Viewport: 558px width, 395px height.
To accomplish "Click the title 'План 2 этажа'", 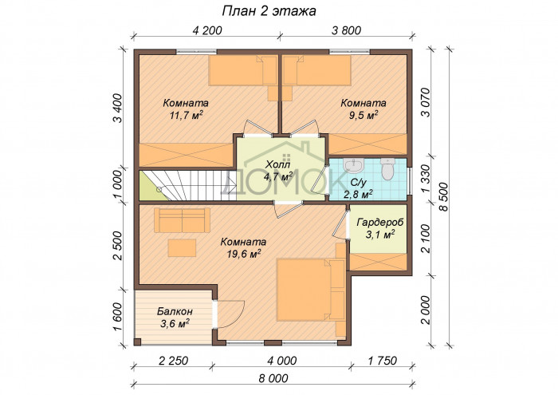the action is click(269, 11).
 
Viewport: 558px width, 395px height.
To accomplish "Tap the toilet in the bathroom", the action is click(387, 169).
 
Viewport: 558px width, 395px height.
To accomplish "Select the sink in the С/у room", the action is click(354, 165).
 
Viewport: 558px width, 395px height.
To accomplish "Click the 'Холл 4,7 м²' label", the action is click(279, 170).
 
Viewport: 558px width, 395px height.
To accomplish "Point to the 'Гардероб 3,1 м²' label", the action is click(380, 228).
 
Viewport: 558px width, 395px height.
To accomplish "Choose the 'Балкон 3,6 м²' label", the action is click(175, 317).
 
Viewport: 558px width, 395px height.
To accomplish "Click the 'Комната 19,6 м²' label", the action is click(243, 247).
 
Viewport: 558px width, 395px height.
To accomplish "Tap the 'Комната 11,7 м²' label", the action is click(186, 109).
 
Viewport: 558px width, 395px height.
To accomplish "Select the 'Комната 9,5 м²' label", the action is click(363, 109).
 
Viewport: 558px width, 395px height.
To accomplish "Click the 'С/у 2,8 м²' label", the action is click(358, 188).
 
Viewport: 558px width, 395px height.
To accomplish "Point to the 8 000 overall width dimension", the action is click(273, 377).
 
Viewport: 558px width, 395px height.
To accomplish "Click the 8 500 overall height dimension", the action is click(444, 197).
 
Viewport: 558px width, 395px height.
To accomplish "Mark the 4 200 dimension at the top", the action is click(207, 30).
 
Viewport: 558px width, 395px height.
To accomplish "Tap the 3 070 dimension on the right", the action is click(425, 101).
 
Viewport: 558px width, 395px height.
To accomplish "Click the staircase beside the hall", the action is click(187, 185).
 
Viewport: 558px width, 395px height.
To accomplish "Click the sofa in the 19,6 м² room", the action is click(182, 220).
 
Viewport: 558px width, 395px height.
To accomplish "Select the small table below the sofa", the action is click(182, 248).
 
